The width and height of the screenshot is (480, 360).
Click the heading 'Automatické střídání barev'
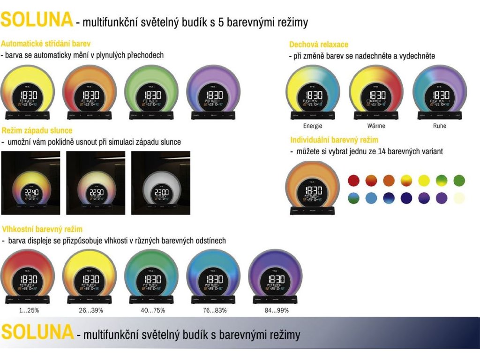pos(46,44)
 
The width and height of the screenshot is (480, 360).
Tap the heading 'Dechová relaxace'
pos(319,45)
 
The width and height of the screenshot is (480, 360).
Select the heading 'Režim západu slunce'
pos(37,130)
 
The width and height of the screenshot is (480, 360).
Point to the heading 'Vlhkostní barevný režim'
pos(42,229)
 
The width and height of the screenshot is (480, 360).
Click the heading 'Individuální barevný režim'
pos(334,140)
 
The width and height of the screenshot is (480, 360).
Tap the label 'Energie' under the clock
pos(313,126)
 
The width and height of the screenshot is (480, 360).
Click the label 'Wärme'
pos(376,126)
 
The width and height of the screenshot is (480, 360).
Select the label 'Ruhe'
pos(440,126)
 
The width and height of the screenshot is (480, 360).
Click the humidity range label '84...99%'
pos(276,310)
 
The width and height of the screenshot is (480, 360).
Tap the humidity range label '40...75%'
pos(152,310)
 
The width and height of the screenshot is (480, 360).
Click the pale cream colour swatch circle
pos(459,198)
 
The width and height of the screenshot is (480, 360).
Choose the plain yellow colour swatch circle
pos(424,180)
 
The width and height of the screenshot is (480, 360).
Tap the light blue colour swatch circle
pos(371,198)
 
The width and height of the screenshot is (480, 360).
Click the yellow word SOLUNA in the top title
pos(37,20)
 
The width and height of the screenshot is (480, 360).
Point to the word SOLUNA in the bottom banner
pos(37,332)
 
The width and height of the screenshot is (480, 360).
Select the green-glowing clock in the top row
pos(151,93)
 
